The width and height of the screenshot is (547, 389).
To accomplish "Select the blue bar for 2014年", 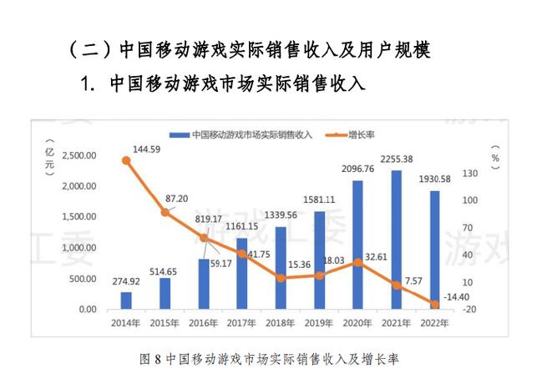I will (x=126, y=300).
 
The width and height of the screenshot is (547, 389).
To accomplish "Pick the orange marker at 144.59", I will (x=126, y=160).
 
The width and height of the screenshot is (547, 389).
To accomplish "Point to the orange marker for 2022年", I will (x=434, y=304).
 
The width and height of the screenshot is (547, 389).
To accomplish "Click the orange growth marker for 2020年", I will (x=357, y=262).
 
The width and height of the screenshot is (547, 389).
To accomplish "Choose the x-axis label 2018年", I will (x=281, y=321).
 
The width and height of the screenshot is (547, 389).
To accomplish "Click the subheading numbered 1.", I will (x=225, y=84).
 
